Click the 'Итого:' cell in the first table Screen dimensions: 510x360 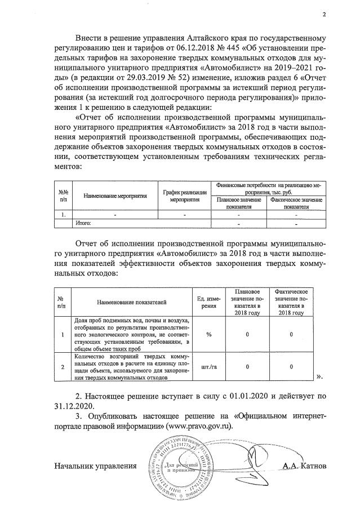[83, 223]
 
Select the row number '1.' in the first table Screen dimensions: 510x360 [64, 215]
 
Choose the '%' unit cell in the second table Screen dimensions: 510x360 [209, 335]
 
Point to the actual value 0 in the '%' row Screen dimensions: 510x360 [291, 335]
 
